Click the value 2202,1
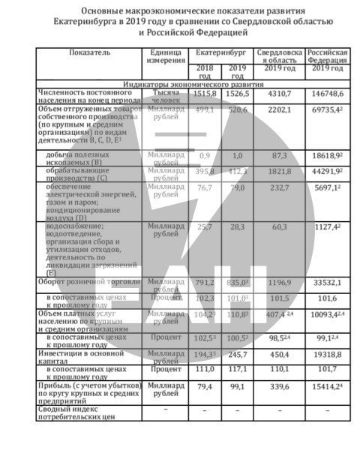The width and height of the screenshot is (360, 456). click(x=279, y=109)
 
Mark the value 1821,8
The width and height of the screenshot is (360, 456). click(x=279, y=172)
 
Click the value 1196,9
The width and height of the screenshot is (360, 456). click(x=279, y=283)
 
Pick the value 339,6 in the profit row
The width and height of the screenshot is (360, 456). click(x=279, y=388)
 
